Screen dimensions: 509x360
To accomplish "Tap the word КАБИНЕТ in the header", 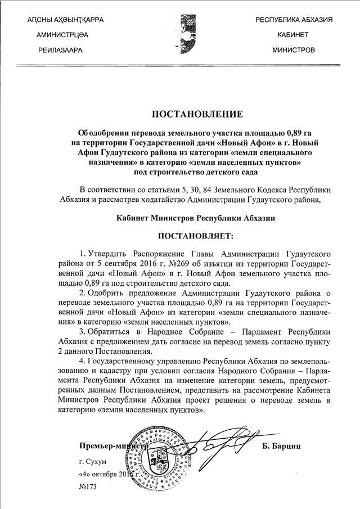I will click(293, 35).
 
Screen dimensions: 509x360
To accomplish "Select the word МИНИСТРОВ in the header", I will click(293, 50).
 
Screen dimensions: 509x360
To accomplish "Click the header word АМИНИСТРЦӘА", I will click(62, 35).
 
